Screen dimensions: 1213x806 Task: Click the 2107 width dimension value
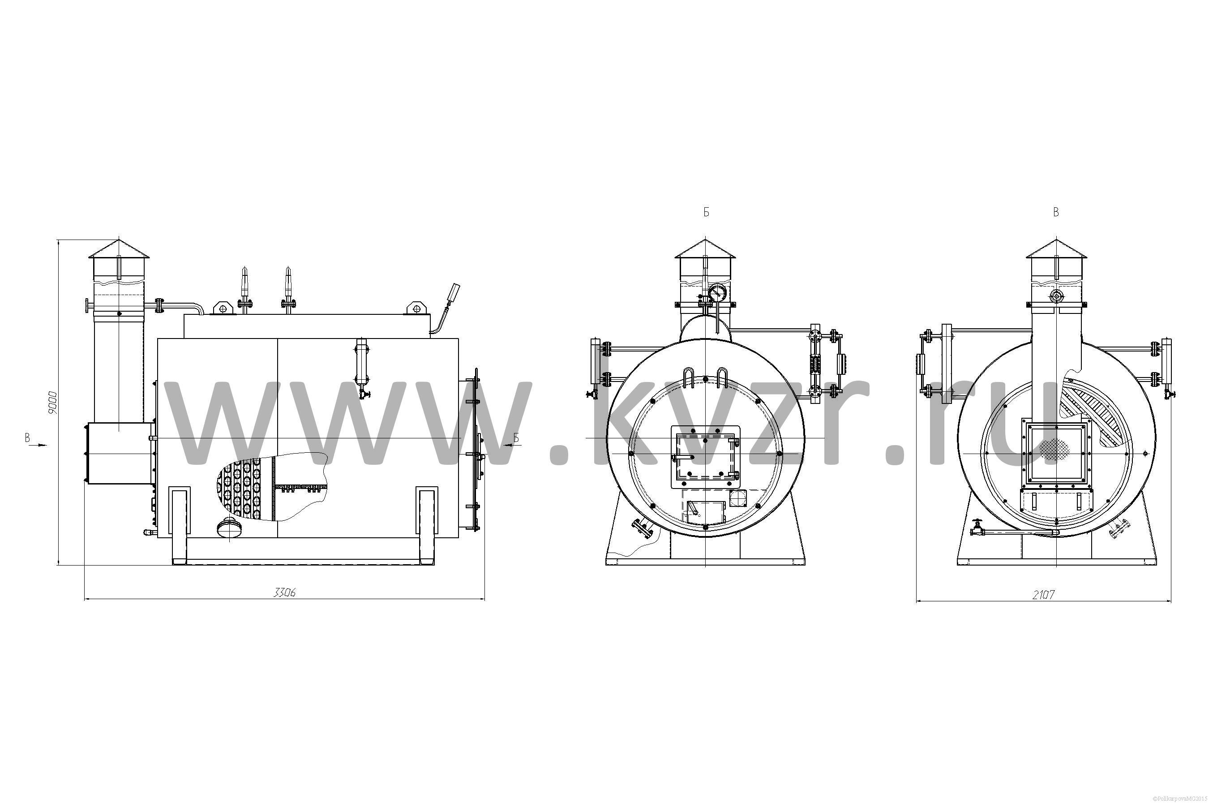[1043, 595]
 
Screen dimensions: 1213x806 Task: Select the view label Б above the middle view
[706, 212]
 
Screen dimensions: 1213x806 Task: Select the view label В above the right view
[1056, 212]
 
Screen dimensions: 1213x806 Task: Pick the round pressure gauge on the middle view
[716, 293]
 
